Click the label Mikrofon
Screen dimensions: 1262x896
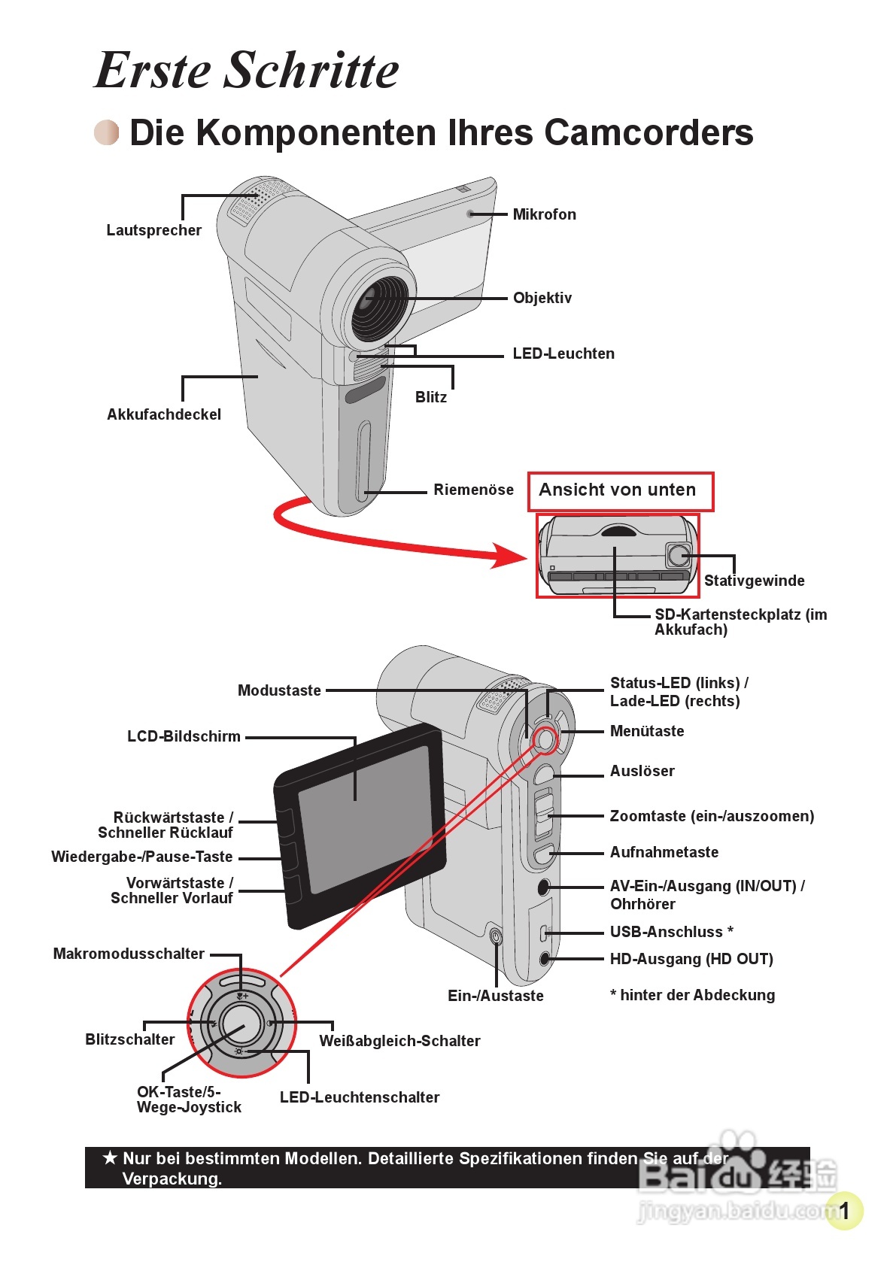tap(544, 214)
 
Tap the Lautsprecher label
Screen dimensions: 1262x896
tap(153, 230)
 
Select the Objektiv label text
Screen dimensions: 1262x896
tap(542, 298)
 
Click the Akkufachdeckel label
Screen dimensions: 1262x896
tap(164, 414)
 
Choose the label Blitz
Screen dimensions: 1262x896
tap(431, 397)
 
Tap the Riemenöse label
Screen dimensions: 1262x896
tap(473, 490)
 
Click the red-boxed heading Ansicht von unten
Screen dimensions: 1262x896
tap(618, 490)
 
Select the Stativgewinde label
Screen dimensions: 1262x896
tap(754, 581)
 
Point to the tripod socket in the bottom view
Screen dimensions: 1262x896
tap(679, 555)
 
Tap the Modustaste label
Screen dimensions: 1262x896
tap(279, 690)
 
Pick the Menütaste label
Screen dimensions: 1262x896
tap(647, 731)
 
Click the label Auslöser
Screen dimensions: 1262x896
tap(642, 771)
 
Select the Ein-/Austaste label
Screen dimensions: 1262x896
tap(495, 996)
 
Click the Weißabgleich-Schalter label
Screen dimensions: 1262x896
tap(399, 1041)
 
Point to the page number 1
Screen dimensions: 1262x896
tap(844, 1211)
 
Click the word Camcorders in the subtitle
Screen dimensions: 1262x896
tap(648, 132)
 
